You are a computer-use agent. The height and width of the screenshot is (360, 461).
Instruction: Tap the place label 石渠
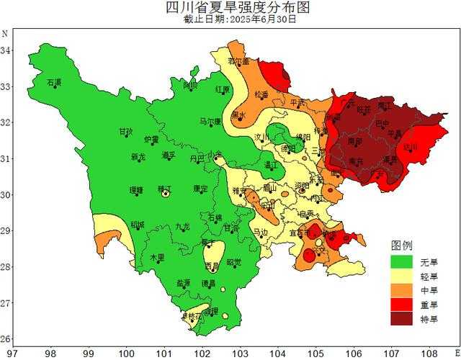[54, 83]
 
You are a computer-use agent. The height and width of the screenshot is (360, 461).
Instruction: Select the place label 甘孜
[126, 132]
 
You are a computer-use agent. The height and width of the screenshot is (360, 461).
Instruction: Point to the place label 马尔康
[210, 122]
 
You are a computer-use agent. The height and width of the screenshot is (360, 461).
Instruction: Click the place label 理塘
[136, 190]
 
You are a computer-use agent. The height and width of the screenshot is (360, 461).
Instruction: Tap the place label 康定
[200, 189]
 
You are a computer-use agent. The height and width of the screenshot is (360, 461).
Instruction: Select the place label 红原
[223, 90]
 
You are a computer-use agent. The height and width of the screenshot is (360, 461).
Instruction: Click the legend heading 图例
[401, 246]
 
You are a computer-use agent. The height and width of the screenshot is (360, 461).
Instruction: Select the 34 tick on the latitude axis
[5, 50]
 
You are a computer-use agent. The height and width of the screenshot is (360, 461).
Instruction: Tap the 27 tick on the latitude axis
[5, 303]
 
